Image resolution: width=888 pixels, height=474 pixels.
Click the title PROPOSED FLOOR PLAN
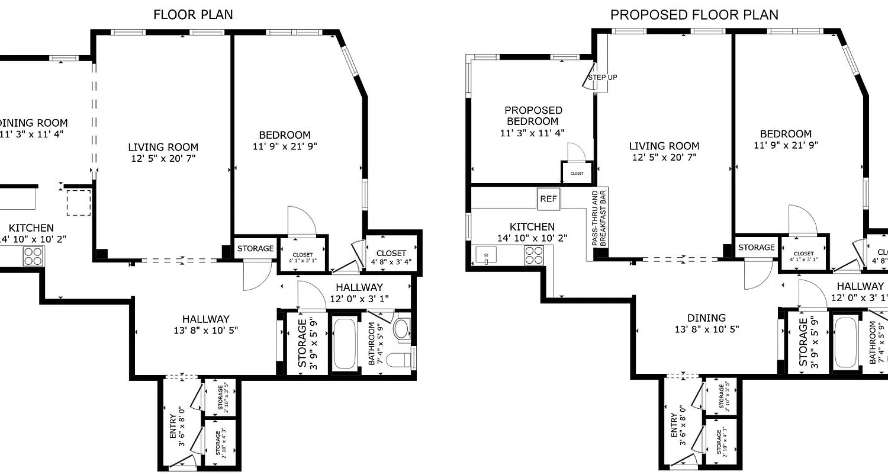(x=694, y=15)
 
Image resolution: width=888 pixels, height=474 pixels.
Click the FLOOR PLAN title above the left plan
(x=193, y=15)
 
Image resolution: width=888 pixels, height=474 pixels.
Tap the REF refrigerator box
(x=548, y=199)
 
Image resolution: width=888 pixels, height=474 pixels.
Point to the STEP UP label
(x=602, y=78)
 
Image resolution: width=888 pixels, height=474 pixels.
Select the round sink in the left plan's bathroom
(x=402, y=329)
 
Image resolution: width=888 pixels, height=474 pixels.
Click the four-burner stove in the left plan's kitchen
(x=33, y=255)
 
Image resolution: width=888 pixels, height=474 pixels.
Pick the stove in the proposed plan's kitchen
(x=534, y=255)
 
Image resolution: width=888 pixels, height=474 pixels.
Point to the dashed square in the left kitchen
(x=78, y=203)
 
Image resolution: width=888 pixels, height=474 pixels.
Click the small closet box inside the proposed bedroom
(x=577, y=173)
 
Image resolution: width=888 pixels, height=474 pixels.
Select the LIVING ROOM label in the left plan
(x=163, y=152)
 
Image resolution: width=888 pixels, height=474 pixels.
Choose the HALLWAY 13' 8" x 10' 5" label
(x=205, y=324)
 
